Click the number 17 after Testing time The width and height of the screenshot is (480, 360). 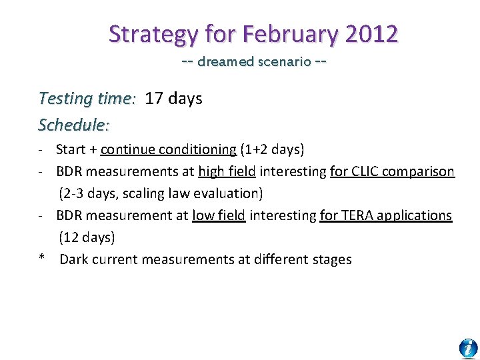pyautogui.click(x=153, y=99)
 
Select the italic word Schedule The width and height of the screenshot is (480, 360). pyautogui.click(x=73, y=125)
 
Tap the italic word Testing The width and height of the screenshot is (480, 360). pyautogui.click(x=65, y=99)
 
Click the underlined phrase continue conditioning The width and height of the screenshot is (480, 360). pyautogui.click(x=168, y=149)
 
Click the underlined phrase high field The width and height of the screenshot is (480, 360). pyautogui.click(x=227, y=171)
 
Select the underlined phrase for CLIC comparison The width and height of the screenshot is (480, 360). pyautogui.click(x=392, y=171)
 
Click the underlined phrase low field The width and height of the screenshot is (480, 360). pyautogui.click(x=219, y=215)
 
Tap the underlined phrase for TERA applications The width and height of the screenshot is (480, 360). pyautogui.click(x=385, y=215)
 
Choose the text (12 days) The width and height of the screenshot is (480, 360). pyautogui.click(x=87, y=237)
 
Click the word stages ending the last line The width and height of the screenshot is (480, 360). pyautogui.click(x=330, y=259)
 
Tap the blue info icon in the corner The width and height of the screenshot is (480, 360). pyautogui.click(x=468, y=348)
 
